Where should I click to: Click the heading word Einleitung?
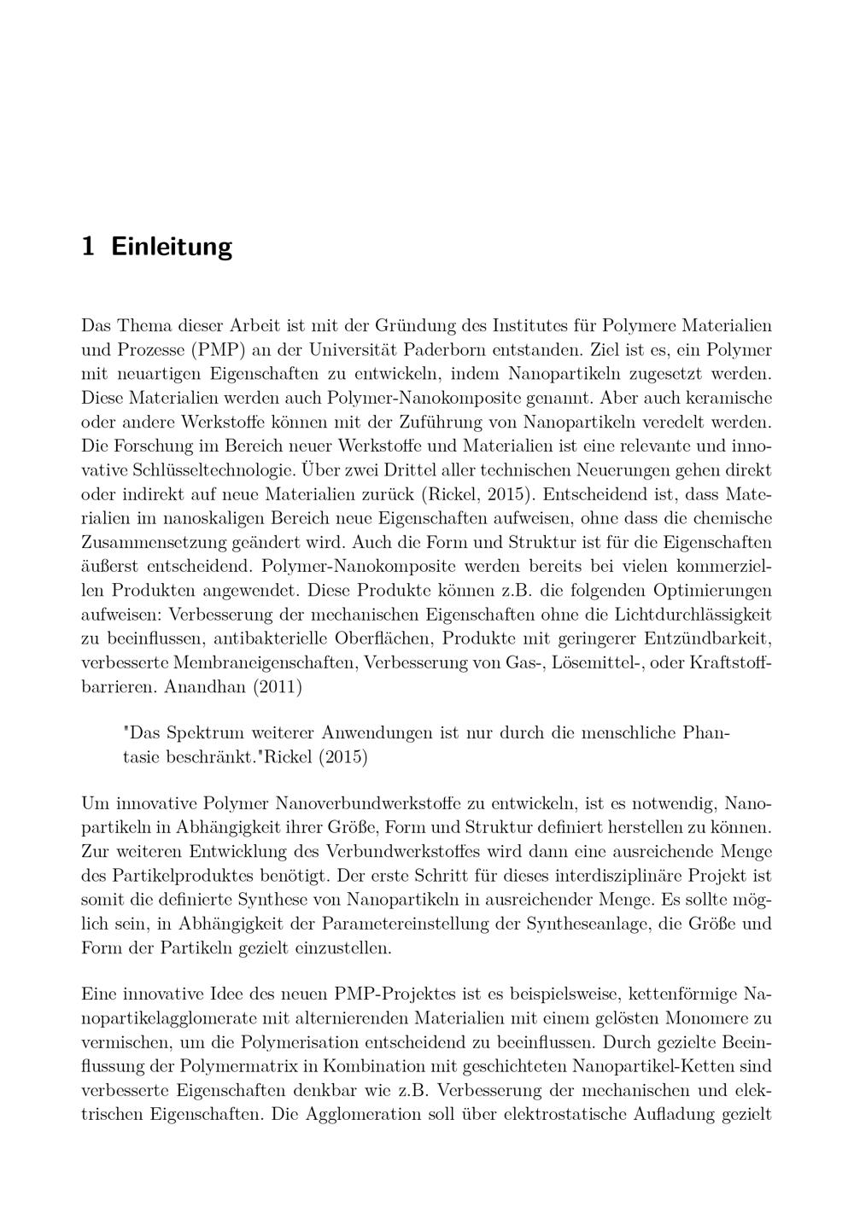(172, 247)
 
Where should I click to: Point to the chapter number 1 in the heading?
(87, 247)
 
